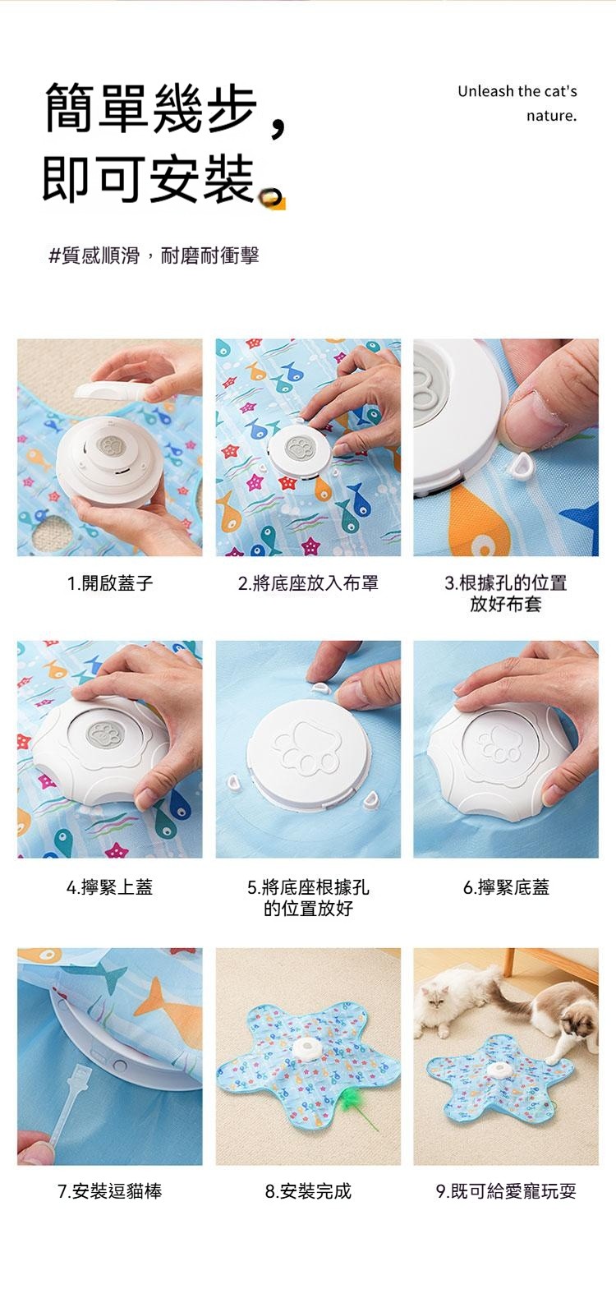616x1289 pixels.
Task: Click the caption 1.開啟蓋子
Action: (x=110, y=583)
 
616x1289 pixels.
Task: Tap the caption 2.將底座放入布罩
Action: (x=308, y=583)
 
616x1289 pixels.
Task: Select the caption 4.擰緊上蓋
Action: (x=110, y=886)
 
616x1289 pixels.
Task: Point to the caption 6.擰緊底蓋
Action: (x=506, y=886)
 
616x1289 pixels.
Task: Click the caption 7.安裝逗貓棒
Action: (x=110, y=1190)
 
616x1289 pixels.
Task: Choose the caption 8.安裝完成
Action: (x=308, y=1190)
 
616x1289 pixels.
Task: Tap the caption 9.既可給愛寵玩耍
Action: (x=506, y=1190)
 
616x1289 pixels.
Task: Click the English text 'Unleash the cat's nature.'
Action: (x=517, y=104)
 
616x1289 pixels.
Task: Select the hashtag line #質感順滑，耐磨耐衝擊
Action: (x=154, y=255)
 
